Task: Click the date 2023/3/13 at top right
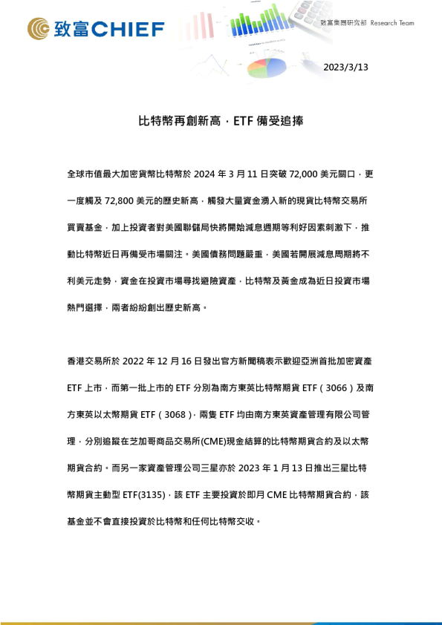click(346, 67)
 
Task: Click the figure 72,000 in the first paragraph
click(294, 174)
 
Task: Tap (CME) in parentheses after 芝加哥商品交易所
click(215, 441)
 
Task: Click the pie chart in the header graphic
click(266, 68)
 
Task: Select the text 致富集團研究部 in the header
click(343, 23)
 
